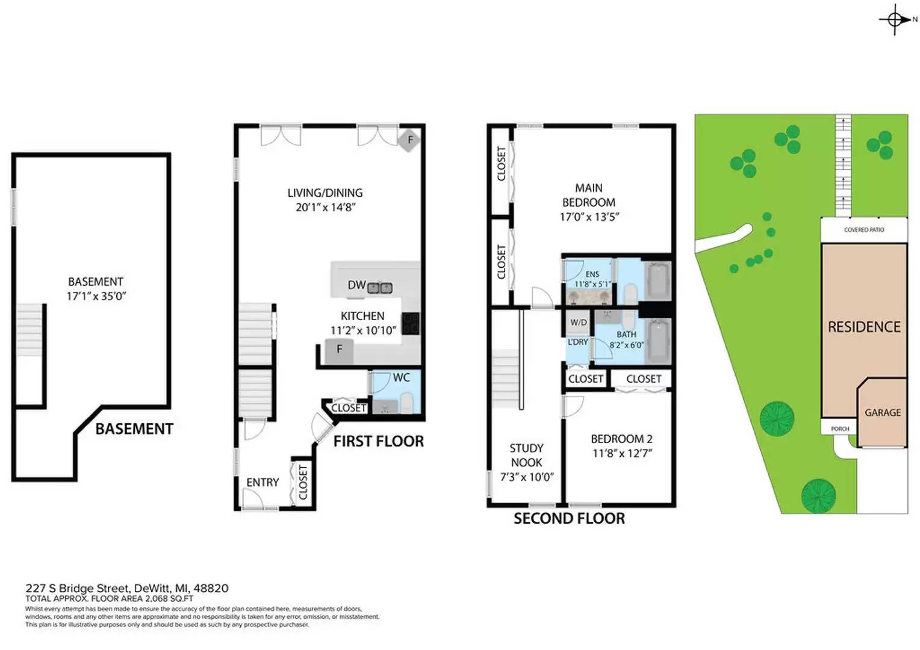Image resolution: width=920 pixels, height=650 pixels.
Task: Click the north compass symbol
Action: (895, 20)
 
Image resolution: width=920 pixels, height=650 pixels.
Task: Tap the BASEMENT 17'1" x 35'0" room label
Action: (96, 289)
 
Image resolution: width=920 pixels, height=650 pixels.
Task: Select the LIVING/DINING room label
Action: (325, 193)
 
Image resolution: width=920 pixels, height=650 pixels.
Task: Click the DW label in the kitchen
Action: (356, 285)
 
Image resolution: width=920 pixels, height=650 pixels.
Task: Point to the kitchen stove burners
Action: (411, 323)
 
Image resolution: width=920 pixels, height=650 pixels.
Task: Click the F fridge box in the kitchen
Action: (339, 350)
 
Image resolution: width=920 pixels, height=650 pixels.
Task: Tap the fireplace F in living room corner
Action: (410, 140)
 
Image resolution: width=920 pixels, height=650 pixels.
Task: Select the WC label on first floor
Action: (401, 378)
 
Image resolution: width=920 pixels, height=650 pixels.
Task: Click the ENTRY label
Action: (263, 483)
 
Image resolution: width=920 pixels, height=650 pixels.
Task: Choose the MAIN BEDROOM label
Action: (589, 196)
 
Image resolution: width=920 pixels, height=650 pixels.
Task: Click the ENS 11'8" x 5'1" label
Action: (592, 279)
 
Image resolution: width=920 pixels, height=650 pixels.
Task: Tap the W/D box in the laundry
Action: (579, 323)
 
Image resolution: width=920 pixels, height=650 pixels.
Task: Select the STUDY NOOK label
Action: (527, 456)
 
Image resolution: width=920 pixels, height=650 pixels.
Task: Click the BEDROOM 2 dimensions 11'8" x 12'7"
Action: (622, 454)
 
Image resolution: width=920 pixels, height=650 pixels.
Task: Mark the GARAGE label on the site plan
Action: (883, 413)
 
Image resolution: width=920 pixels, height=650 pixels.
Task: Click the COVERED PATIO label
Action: (864, 230)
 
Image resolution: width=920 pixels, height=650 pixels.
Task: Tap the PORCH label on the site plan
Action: (840, 429)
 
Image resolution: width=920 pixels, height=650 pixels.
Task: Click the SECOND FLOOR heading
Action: (569, 519)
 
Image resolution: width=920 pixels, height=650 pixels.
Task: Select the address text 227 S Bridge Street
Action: (77, 589)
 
